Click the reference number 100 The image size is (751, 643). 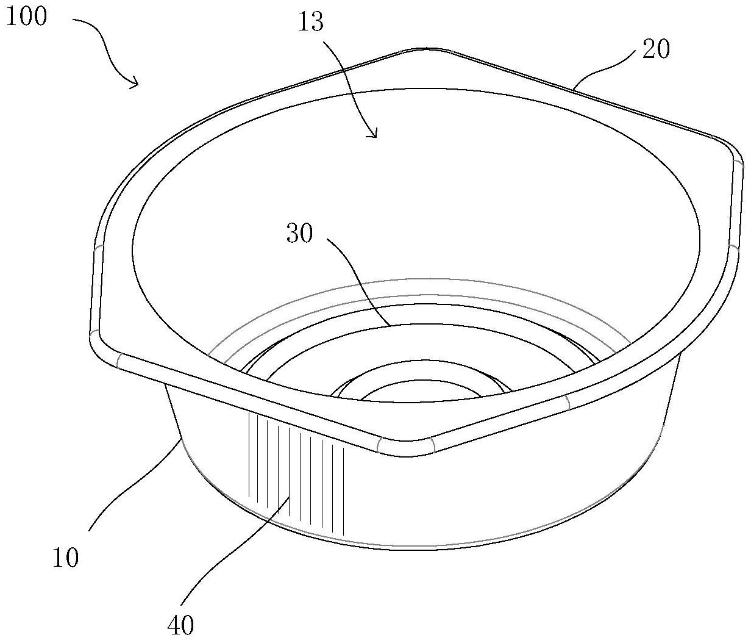point(27,16)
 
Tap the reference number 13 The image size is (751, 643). point(311,22)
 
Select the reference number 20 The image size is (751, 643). point(656,50)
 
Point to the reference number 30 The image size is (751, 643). point(299,233)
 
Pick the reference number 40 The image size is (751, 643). point(180,625)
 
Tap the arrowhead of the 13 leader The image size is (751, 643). point(373,134)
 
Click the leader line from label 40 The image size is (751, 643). point(232,553)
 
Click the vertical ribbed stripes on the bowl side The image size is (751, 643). point(296,473)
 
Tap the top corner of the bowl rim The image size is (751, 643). point(427,49)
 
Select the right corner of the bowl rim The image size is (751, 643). point(734,153)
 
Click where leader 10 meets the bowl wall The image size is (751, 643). point(181,439)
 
